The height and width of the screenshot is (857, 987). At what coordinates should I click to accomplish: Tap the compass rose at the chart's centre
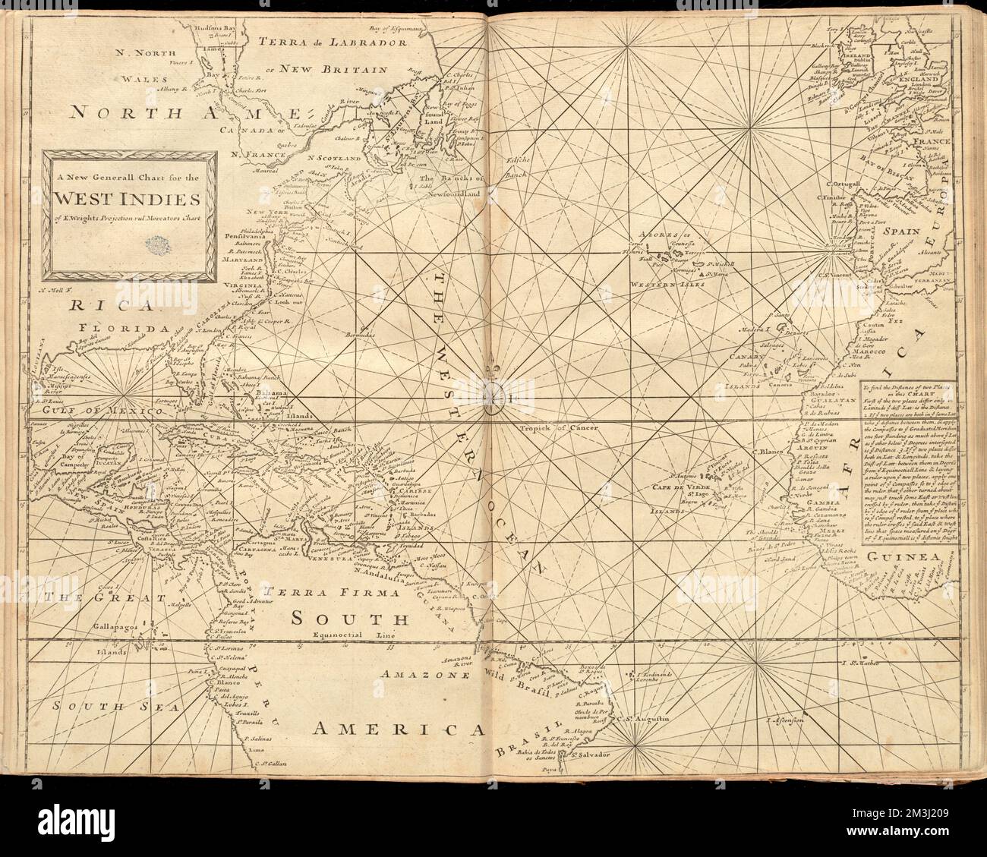click(493, 392)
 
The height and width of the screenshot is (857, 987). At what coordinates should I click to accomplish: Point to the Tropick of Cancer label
click(560, 429)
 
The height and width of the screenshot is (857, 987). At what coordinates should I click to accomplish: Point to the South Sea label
click(105, 706)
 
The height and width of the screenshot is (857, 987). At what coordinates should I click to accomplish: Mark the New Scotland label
click(333, 158)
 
